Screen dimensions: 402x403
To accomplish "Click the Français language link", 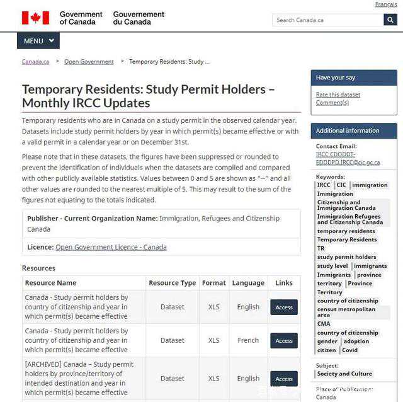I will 385,4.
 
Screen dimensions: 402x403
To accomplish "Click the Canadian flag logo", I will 35,18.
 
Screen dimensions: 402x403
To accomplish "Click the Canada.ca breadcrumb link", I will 35,62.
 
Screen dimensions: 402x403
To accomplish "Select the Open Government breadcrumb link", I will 89,62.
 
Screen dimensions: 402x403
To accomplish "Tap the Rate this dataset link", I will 338,95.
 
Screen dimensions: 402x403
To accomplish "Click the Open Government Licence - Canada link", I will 111,247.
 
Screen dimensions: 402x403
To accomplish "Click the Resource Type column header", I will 172,283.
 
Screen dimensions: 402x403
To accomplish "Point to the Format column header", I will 214,283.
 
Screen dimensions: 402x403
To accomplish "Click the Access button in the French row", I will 284,340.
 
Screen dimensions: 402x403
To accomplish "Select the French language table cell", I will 248,340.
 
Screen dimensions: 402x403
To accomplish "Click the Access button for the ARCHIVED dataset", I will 284,379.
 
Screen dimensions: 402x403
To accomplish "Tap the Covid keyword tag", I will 349,350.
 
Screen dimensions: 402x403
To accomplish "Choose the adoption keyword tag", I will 356,342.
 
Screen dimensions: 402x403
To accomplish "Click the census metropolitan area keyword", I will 346,312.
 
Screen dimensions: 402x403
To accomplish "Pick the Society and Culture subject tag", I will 344,374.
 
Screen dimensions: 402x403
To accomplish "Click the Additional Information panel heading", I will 348,131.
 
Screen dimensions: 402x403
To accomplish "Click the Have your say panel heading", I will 336,78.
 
